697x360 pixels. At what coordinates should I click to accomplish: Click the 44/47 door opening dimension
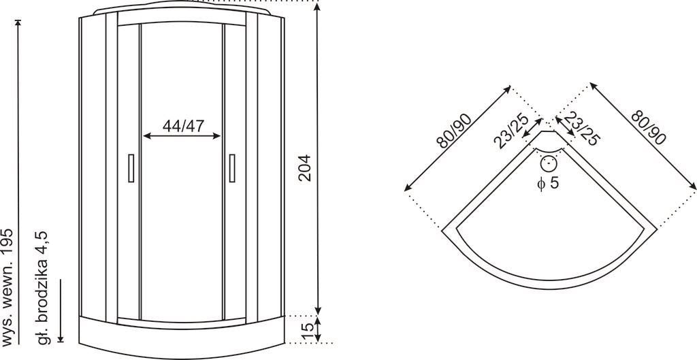pos(183,126)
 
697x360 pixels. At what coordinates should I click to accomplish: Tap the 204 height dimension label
pos(304,167)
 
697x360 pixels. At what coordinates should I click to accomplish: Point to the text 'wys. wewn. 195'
pos(8,287)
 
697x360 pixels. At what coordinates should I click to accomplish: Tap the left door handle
pos(131,168)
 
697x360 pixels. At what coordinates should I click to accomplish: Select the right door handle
pos(232,168)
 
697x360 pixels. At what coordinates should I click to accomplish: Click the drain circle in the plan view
pos(549,163)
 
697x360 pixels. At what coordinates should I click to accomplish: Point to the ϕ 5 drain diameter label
pos(548,182)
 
